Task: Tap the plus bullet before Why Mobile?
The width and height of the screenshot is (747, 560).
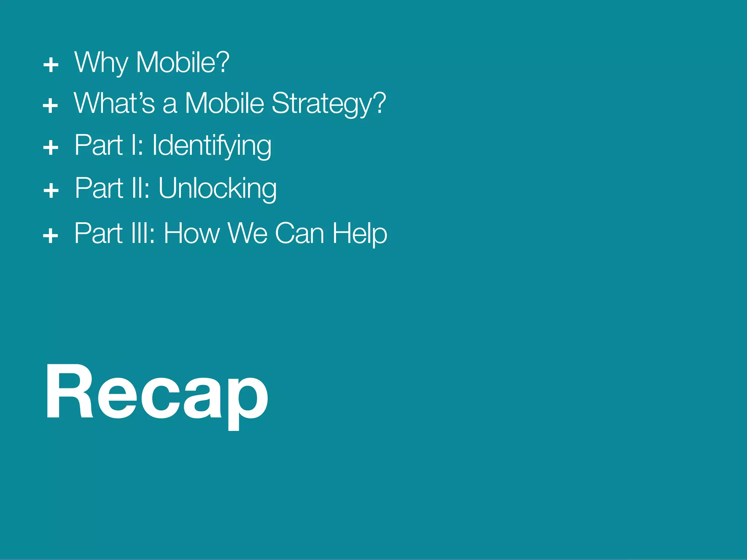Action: click(51, 65)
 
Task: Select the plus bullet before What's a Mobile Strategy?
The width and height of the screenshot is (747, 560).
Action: click(50, 106)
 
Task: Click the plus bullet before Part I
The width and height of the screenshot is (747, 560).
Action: click(51, 148)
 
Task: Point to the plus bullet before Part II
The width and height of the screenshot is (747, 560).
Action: click(51, 190)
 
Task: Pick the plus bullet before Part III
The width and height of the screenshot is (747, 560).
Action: click(50, 235)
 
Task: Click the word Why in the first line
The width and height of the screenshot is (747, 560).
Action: click(101, 63)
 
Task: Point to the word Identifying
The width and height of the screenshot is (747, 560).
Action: click(212, 146)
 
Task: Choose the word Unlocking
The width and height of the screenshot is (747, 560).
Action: click(217, 189)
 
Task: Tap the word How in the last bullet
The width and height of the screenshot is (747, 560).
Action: click(191, 234)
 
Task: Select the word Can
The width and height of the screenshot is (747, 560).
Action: click(299, 234)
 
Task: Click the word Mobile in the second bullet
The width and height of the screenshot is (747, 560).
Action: click(224, 104)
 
